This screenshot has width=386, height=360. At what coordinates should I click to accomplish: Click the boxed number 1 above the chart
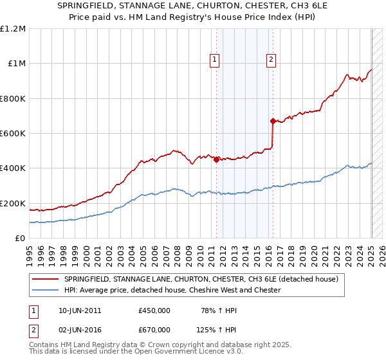[214, 60]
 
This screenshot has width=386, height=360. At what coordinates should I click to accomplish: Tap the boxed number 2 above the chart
[271, 60]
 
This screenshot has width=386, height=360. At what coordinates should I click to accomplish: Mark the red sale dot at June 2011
[216, 160]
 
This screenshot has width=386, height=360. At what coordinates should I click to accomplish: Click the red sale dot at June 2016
[272, 121]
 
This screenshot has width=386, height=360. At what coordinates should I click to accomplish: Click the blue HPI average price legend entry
[172, 291]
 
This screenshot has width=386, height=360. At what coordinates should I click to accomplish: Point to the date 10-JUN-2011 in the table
[80, 311]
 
